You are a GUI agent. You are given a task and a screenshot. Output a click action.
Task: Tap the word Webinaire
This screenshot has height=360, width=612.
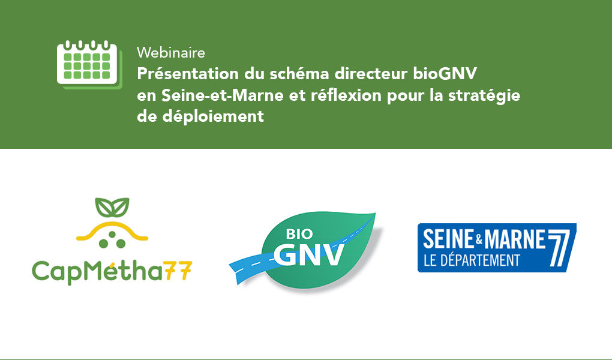171,53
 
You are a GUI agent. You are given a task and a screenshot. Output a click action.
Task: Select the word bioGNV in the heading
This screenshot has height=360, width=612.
445,74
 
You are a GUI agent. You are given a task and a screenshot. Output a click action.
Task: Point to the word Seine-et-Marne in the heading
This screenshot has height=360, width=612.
223,95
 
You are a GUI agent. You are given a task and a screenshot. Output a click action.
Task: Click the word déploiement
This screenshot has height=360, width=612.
213,117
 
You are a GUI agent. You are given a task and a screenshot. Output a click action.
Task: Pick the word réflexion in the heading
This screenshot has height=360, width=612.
346,95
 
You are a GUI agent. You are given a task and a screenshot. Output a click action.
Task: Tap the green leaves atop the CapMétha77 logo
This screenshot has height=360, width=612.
112,208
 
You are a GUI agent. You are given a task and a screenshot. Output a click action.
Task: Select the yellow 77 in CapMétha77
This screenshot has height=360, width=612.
178,270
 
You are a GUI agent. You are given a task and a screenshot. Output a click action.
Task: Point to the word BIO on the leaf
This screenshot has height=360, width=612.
299,234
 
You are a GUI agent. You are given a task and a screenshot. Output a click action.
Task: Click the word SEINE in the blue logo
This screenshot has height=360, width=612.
448,239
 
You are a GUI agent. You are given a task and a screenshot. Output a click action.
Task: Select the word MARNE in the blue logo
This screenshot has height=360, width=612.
514,239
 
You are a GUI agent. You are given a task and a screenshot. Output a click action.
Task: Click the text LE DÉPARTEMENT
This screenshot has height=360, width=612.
472,260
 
